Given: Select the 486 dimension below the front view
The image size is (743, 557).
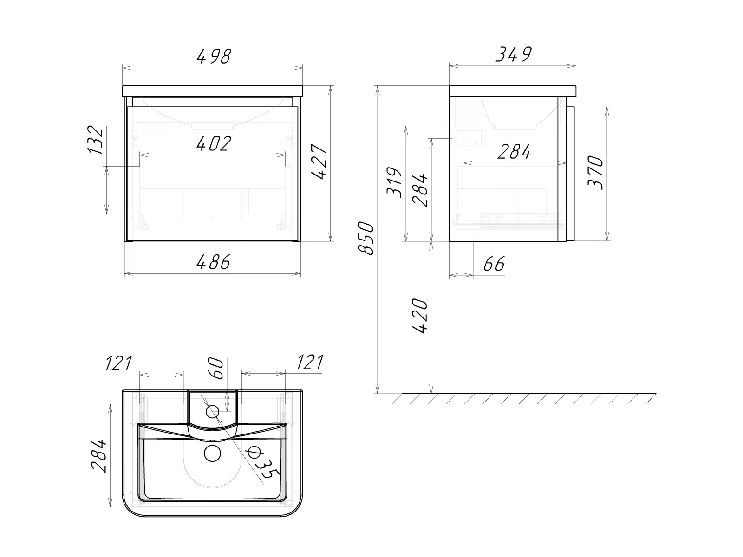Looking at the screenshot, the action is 213,262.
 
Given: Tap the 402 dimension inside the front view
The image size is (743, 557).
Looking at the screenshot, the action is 214,143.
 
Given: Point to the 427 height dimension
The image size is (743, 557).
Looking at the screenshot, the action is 319,162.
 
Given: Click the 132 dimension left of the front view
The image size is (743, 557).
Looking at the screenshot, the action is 95,140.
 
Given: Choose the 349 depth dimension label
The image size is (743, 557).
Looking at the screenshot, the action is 514,54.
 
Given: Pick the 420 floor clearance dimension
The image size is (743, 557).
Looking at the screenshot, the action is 420,316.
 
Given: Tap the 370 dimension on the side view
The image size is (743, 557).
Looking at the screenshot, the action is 595,173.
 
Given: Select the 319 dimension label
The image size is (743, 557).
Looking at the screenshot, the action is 394,182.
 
